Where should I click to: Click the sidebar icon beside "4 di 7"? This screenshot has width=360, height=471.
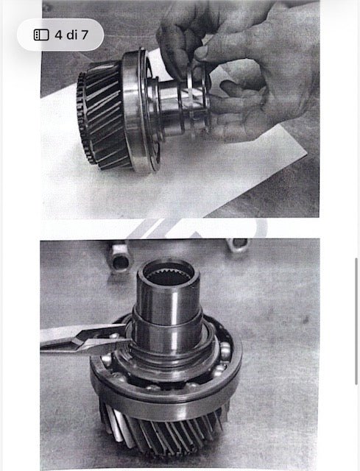41,35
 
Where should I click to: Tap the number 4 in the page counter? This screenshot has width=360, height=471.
59,35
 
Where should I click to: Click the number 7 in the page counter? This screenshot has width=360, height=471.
85,35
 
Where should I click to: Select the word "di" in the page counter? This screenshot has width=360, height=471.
72,35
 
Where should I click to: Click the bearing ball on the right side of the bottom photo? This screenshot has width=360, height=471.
226,348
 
